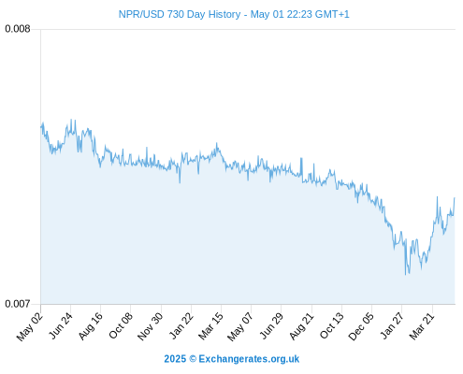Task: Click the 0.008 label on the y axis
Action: [18, 29]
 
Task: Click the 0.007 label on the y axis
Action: [18, 304]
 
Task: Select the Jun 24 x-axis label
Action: [61, 325]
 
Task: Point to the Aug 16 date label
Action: [91, 326]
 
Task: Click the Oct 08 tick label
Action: [121, 325]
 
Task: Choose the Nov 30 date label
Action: [151, 326]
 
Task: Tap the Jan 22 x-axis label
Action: [181, 325]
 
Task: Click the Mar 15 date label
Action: [211, 326]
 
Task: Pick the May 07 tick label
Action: [240, 326]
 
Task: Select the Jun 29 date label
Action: [271, 325]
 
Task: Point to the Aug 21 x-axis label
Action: [301, 326]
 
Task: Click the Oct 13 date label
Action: [332, 325]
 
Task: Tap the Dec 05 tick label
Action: [361, 326]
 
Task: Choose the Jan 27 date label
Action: [392, 325]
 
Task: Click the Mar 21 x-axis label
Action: [422, 326]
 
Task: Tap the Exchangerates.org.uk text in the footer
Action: [249, 359]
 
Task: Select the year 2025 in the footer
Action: [175, 359]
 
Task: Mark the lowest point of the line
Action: [405, 275]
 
